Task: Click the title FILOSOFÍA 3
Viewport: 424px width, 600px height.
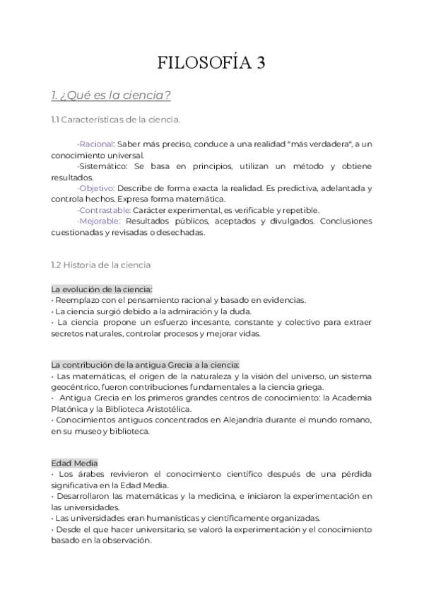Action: point(211,63)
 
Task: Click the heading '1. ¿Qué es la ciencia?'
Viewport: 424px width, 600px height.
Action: point(111,95)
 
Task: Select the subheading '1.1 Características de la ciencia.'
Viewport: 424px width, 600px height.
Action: point(116,120)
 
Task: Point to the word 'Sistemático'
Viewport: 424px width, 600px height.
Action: point(102,166)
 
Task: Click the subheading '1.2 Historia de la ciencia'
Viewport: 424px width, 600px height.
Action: point(100,265)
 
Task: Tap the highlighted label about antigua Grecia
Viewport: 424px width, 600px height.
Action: point(146,364)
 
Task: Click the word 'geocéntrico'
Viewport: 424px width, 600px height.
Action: point(76,387)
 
